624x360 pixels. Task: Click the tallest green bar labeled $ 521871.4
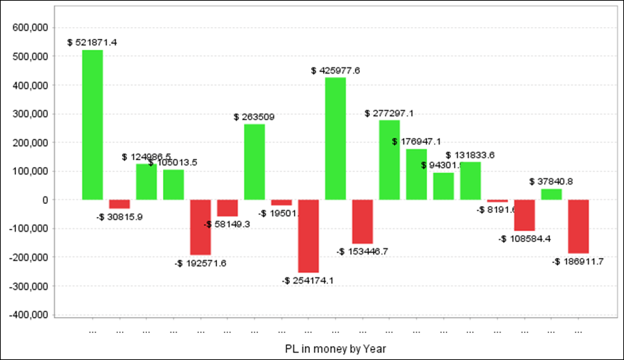[x=92, y=125]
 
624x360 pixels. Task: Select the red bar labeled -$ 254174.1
[x=309, y=236]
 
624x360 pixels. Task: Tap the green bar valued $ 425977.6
[x=336, y=139]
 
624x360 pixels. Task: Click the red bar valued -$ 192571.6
[x=200, y=227]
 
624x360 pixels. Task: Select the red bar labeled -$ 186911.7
[x=578, y=226]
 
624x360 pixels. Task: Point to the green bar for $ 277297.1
[x=390, y=160]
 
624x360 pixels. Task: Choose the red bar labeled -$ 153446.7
[x=363, y=221]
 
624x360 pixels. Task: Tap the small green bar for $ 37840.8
[x=551, y=194]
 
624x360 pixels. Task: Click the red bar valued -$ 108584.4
[x=524, y=215]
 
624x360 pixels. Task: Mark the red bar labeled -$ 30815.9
[x=119, y=204]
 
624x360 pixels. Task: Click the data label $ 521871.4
[x=92, y=42]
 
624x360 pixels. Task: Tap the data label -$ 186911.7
[x=578, y=262]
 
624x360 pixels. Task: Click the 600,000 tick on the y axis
[x=29, y=28]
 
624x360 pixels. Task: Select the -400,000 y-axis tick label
[x=27, y=314]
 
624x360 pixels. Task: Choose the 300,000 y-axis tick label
[x=29, y=114]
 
